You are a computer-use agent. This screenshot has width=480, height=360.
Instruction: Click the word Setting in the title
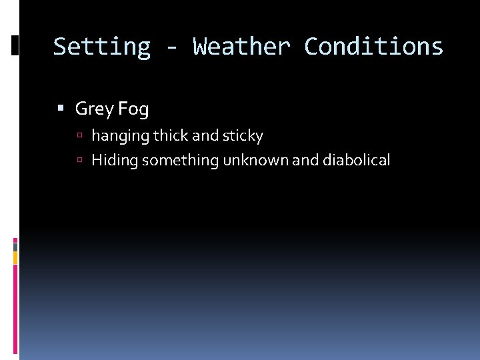[x=101, y=47]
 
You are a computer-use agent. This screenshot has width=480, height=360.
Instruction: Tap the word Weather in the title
[x=241, y=47]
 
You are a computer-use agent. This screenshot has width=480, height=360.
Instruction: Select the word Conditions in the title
[x=373, y=47]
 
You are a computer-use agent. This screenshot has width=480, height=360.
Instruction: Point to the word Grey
[x=95, y=109]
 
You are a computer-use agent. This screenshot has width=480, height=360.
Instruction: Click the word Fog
[x=133, y=109]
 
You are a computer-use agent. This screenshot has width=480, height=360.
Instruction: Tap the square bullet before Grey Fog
[x=61, y=108]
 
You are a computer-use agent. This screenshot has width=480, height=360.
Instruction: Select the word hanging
[x=120, y=137]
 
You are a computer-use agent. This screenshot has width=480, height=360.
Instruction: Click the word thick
[x=170, y=136]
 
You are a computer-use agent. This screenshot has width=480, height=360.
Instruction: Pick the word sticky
[x=243, y=137]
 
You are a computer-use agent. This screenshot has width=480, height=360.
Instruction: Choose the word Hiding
[x=115, y=161]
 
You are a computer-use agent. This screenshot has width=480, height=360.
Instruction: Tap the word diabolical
[x=356, y=160]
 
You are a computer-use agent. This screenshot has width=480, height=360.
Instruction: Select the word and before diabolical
[x=306, y=160]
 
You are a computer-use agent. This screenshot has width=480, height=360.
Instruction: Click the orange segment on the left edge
[x=15, y=257]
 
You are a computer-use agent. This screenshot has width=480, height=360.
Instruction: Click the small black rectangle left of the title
[x=15, y=45]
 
